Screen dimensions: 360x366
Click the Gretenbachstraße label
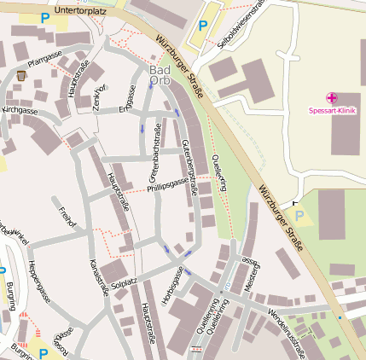tap(156, 154)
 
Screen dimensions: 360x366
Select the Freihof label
tap(67, 218)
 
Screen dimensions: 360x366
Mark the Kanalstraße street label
tap(100, 275)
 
